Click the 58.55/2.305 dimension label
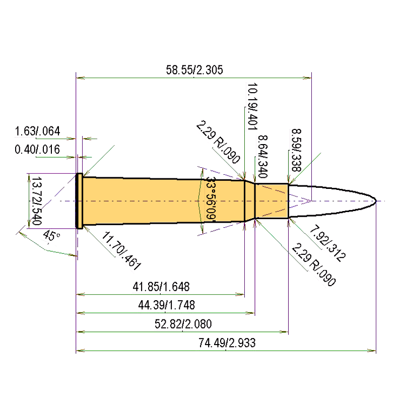(194, 70)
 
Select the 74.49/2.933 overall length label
(227, 343)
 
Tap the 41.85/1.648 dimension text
(161, 287)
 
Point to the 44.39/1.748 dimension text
(167, 305)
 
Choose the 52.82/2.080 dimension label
(183, 324)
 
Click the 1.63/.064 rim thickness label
(37, 131)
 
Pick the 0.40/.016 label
(37, 149)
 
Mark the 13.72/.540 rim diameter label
(36, 200)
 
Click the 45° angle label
(51, 236)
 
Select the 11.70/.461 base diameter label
(121, 251)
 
